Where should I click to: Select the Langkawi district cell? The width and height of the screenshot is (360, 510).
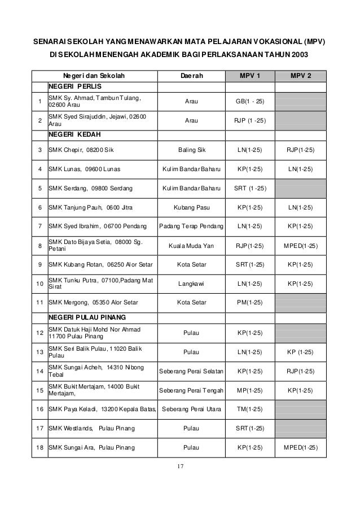[192, 284]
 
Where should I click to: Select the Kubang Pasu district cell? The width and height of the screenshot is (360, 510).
[192, 207]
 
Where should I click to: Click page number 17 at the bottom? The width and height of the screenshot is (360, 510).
[180, 467]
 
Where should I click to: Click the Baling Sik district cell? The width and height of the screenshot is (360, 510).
[192, 150]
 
